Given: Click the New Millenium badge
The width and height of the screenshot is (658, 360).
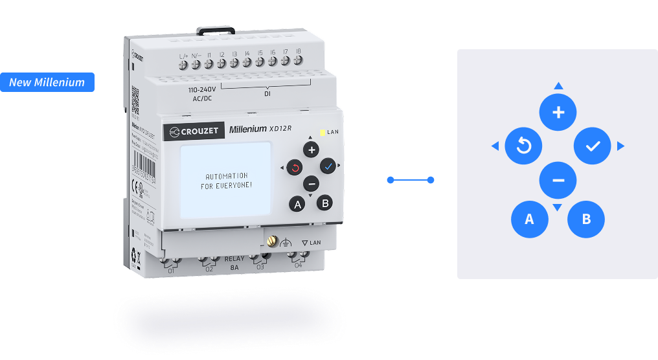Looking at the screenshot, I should pyautogui.click(x=47, y=82).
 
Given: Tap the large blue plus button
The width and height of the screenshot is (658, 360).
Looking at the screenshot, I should pyautogui.click(x=558, y=112).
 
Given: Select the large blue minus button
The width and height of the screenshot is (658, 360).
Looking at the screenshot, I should pyautogui.click(x=558, y=181).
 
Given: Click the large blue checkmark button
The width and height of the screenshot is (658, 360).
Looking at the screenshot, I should pyautogui.click(x=593, y=146).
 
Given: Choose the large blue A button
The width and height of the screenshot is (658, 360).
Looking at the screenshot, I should pyautogui.click(x=529, y=219).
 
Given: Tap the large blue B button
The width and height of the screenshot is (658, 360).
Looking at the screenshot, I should pyautogui.click(x=586, y=219).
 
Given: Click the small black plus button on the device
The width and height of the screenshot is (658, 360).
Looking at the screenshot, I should pyautogui.click(x=312, y=150).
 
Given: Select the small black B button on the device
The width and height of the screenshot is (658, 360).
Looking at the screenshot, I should pyautogui.click(x=326, y=203).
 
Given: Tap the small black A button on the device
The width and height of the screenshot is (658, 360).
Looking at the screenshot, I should pyautogui.click(x=298, y=205).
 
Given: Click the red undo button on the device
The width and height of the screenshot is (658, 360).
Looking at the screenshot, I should pyautogui.click(x=295, y=168).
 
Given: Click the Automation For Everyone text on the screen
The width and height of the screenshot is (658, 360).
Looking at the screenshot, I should pyautogui.click(x=226, y=181).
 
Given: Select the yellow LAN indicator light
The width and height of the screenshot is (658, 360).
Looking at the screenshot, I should pyautogui.click(x=323, y=131).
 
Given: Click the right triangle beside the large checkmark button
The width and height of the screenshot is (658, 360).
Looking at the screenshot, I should pyautogui.click(x=620, y=146).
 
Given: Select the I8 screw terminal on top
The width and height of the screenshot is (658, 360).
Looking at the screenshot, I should pyautogui.click(x=298, y=60).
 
